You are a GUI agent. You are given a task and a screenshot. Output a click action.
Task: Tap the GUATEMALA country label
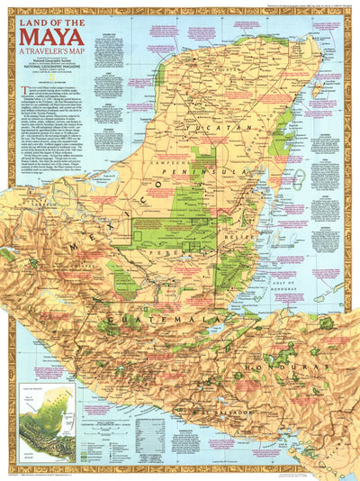coord(153,320)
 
